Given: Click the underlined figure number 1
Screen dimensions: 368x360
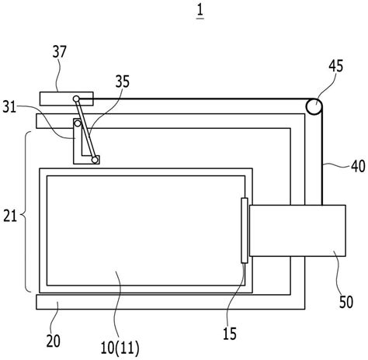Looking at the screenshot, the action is coord(200,11).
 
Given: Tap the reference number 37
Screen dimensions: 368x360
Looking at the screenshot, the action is coord(60,52).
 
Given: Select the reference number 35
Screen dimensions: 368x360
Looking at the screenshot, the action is coord(123,81).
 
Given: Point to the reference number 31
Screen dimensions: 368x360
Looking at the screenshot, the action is coord(9,107).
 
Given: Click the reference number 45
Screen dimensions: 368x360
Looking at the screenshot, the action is coord(336,66).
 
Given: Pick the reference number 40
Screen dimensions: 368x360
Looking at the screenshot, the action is coord(358,166).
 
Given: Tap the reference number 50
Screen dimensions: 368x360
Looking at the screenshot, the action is coord(346,302).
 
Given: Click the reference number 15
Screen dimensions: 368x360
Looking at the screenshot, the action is coord(230,334).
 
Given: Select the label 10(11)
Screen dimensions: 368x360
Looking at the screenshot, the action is coord(120,348).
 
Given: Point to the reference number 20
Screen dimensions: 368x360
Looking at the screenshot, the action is coord(54,341).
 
